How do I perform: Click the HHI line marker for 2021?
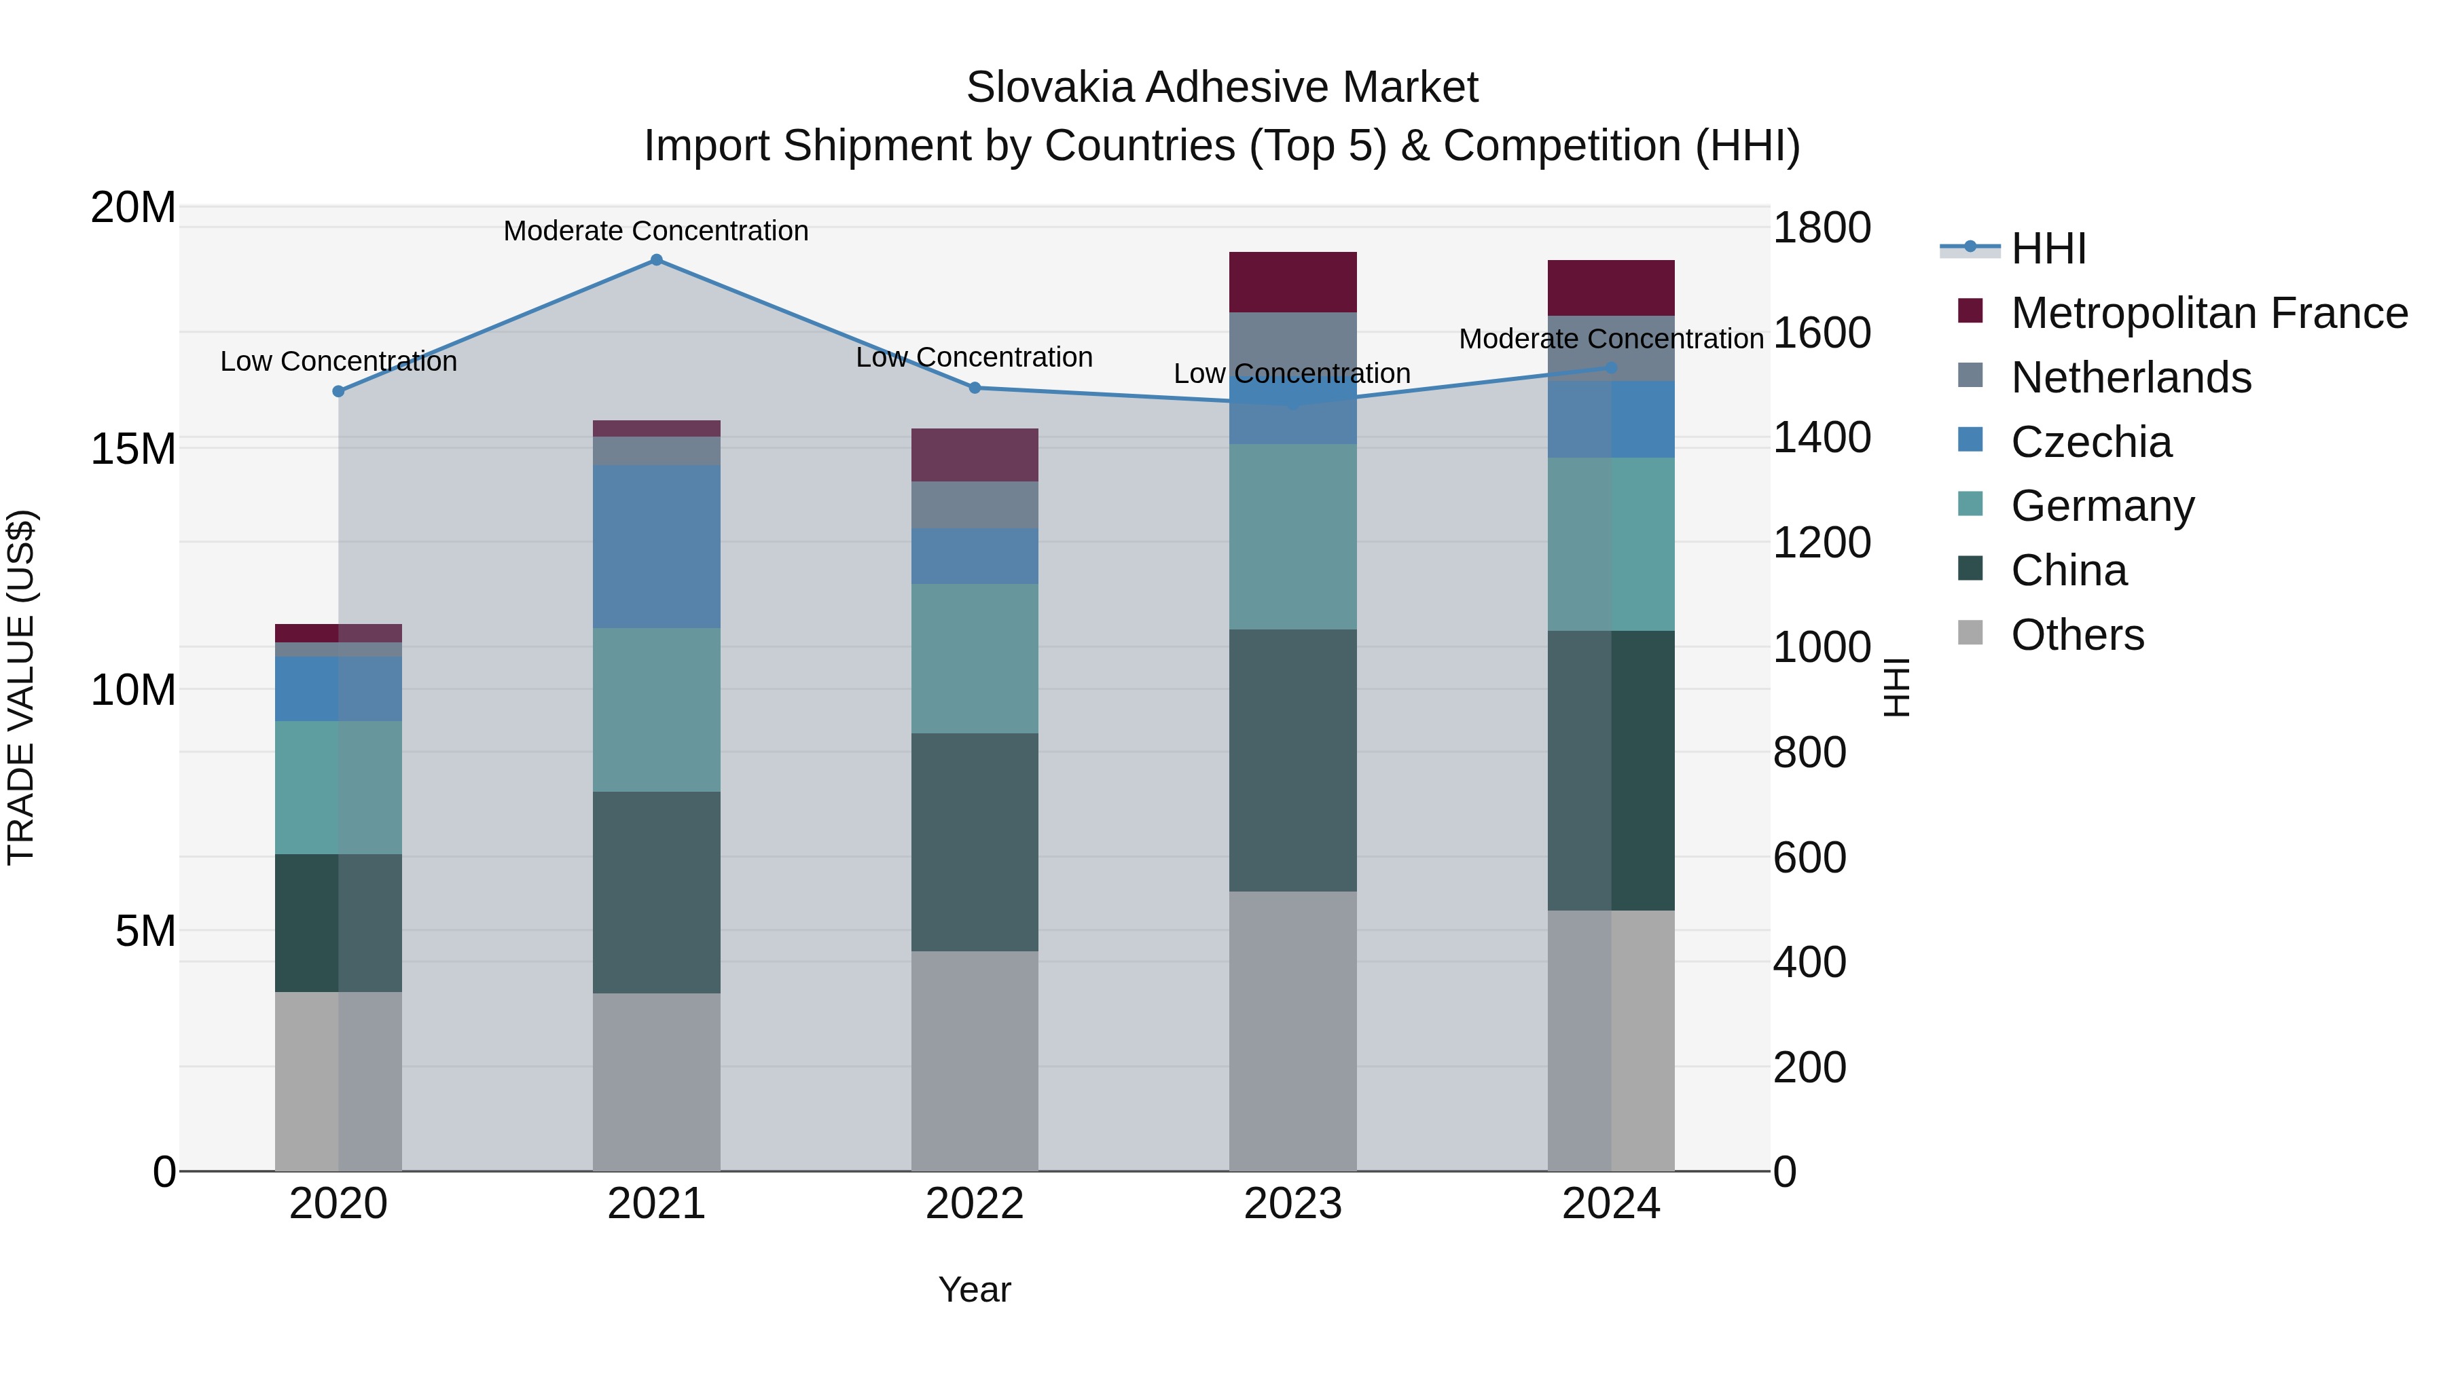click(x=656, y=259)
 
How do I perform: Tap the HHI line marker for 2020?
click(x=339, y=391)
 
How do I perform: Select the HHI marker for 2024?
click(x=1611, y=367)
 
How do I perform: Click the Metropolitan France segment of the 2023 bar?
click(x=1292, y=282)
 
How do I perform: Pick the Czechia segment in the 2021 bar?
click(x=656, y=546)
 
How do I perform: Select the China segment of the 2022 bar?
click(x=975, y=842)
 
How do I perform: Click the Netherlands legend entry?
click(x=2131, y=378)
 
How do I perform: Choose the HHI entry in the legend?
click(x=2048, y=249)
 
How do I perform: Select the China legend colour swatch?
click(x=1970, y=568)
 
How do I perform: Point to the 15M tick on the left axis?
click(x=133, y=449)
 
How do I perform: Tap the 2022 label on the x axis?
click(x=975, y=1204)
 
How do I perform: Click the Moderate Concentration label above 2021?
click(x=656, y=231)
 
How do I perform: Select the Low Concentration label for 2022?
click(x=975, y=358)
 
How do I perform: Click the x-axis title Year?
click(x=975, y=1289)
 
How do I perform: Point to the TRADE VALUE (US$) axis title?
click(x=21, y=687)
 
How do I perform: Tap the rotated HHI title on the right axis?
click(x=1896, y=687)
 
